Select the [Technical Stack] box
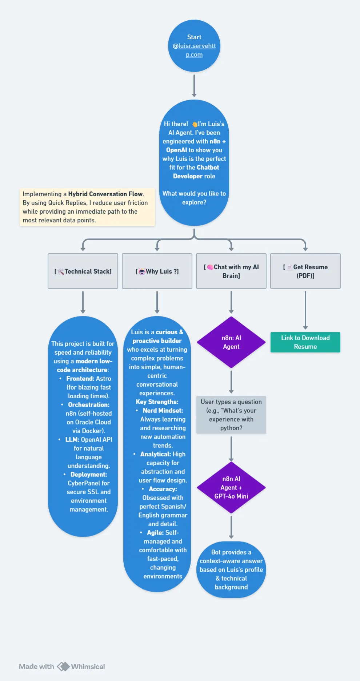(83, 271)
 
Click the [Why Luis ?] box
(157, 271)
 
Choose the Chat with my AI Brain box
(231, 271)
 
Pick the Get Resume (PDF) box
(305, 271)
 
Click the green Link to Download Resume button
(305, 342)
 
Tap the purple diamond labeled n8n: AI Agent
(231, 342)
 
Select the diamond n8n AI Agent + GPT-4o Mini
(231, 487)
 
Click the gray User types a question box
(231, 415)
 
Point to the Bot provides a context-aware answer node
(231, 569)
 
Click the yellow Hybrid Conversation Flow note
(87, 207)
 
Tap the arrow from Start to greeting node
(194, 86)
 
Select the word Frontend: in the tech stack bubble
(80, 379)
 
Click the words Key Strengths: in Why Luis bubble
(157, 402)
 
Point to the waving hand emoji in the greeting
(195, 124)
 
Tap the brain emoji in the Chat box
(210, 267)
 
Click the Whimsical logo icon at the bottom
(63, 666)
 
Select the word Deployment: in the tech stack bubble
(89, 475)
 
